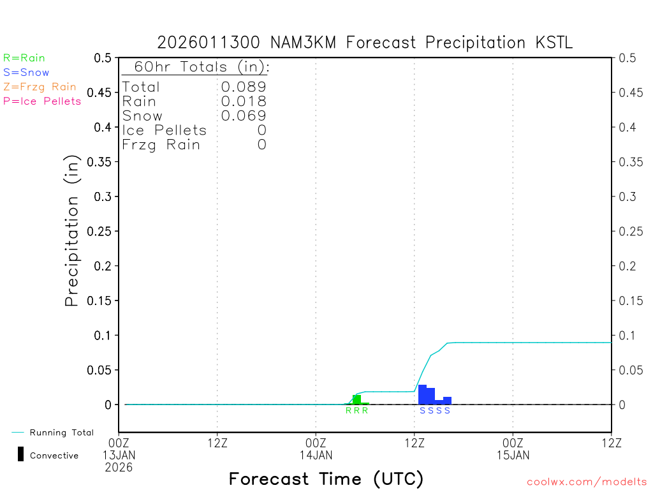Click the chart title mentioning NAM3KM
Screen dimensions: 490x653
365,43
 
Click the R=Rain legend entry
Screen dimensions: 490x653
24,58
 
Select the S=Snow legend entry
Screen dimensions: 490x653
26,73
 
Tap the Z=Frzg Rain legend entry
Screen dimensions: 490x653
40,87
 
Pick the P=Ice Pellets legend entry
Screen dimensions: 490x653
42,101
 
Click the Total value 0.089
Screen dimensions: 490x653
244,87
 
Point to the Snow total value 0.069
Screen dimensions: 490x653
244,116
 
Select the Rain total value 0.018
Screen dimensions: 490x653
244,101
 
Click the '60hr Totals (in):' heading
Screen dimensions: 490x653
196,67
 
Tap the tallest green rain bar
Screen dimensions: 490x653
356,399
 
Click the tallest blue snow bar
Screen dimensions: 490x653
422,395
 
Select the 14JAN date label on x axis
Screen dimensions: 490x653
316,455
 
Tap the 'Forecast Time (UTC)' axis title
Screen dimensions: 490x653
326,479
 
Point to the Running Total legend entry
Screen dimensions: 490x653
61,433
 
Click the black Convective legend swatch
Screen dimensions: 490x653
20,454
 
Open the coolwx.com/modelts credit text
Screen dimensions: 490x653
587,482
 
